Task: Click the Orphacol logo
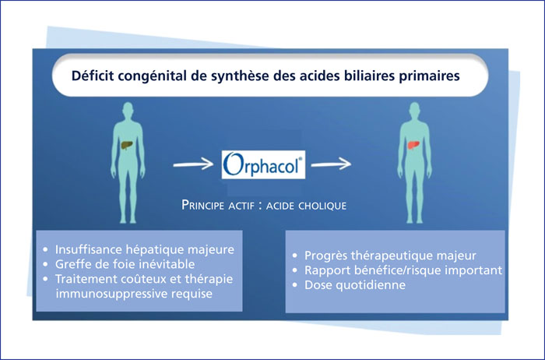pos(263,164)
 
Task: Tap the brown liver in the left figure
pos(127,144)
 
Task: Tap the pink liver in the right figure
pos(413,143)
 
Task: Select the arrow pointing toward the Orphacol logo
pos(193,164)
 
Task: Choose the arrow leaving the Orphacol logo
pos(331,164)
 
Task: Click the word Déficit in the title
pos(93,76)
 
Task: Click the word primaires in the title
pos(429,76)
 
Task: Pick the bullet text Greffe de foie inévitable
pos(125,264)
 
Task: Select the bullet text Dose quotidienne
pos(355,285)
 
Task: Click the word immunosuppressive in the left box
pos(112,294)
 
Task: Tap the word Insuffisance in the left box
pos(88,249)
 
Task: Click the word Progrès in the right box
pos(325,256)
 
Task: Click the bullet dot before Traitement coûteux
pos(45,279)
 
